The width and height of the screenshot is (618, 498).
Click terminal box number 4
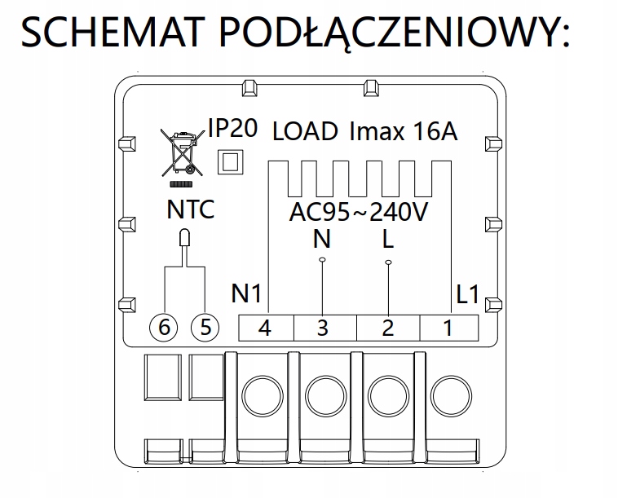[265, 328]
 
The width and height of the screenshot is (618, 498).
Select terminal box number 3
[324, 328]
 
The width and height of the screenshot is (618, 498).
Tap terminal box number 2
[388, 328]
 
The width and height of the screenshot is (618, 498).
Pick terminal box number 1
[448, 328]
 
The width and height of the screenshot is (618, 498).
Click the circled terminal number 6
[164, 328]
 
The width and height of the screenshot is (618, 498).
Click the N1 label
[246, 293]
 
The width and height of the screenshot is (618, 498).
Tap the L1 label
[467, 293]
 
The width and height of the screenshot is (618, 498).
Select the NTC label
[190, 209]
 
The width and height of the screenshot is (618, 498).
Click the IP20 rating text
[232, 128]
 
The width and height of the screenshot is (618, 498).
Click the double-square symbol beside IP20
[230, 161]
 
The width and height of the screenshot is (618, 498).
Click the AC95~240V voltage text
[360, 213]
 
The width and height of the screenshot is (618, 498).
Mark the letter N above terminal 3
[323, 240]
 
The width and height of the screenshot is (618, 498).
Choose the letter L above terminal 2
[388, 240]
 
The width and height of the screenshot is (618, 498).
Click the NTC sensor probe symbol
[184, 240]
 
